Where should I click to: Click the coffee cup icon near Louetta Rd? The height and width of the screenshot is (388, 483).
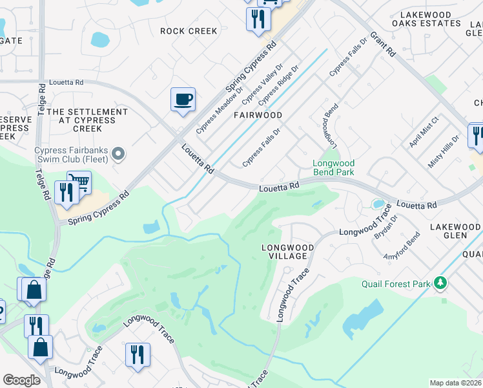tap(183, 100)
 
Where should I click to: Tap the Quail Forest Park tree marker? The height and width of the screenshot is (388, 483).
tap(440, 283)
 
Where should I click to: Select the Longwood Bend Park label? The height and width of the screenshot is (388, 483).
tap(334, 168)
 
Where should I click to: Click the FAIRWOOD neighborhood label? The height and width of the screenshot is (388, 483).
tap(258, 115)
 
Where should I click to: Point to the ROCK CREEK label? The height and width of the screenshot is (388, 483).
tap(189, 31)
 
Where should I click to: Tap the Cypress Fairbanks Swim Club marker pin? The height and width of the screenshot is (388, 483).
tap(118, 154)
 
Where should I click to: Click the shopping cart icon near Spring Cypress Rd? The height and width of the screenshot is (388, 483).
tap(79, 182)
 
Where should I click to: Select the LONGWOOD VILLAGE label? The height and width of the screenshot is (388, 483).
tap(287, 252)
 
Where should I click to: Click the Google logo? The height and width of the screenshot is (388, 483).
tap(21, 380)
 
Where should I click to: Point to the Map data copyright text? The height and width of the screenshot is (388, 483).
tap(456, 383)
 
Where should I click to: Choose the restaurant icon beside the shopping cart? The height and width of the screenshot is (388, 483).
tap(66, 191)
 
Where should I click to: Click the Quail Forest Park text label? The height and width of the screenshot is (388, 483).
tap(395, 283)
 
